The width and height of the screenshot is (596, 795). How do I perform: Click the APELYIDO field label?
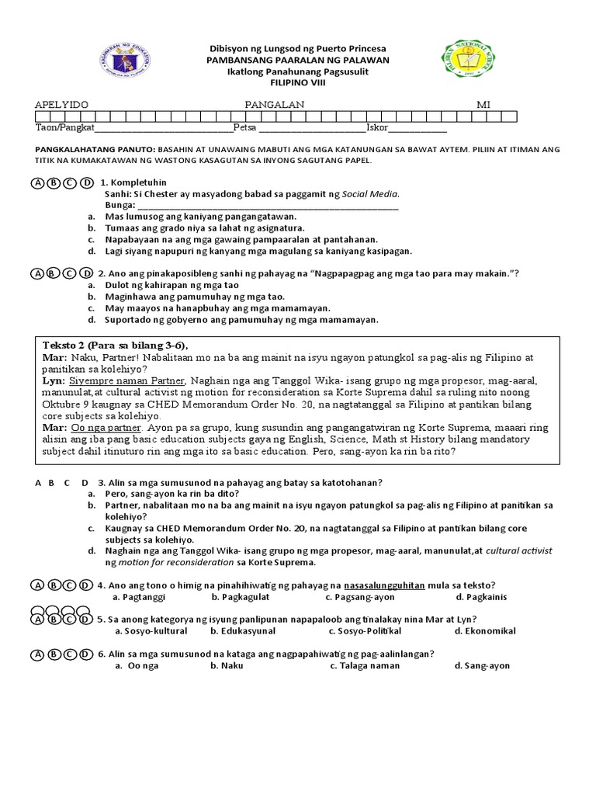coord(62,104)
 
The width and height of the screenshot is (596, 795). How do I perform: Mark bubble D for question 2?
coord(86,273)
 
